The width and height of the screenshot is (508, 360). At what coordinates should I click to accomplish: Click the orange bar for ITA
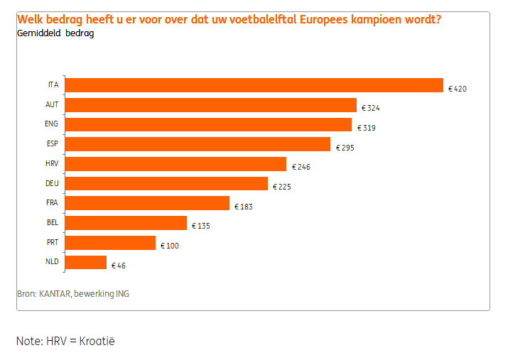(x=254, y=85)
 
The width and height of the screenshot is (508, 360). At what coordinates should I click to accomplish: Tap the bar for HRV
(x=175, y=165)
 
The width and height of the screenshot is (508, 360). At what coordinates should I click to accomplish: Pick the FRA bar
(x=147, y=204)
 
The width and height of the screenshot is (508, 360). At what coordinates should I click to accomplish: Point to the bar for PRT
(x=110, y=244)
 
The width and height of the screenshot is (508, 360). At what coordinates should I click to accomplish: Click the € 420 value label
(x=457, y=89)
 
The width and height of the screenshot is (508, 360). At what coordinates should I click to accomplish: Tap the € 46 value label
(x=118, y=266)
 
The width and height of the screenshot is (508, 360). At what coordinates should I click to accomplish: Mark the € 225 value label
(x=281, y=187)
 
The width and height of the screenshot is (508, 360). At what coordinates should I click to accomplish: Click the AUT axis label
(x=52, y=104)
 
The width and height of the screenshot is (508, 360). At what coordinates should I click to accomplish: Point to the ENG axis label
(x=52, y=124)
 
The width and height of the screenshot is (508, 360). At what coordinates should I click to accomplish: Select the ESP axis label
(x=52, y=144)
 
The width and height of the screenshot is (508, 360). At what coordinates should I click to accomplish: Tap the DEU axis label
(x=52, y=184)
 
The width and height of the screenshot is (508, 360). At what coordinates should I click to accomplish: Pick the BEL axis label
(x=52, y=223)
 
